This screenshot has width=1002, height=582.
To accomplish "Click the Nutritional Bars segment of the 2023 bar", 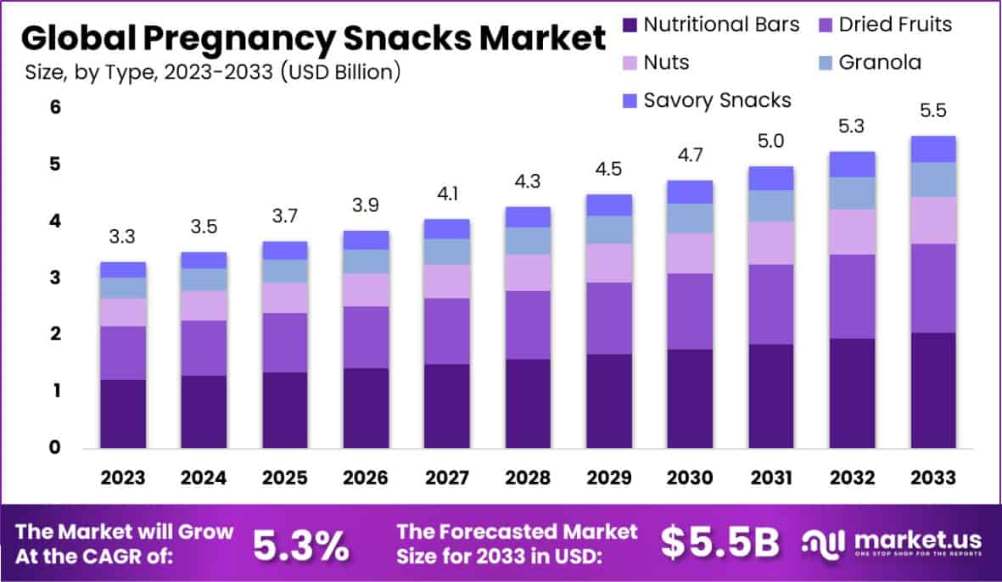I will coord(123,413).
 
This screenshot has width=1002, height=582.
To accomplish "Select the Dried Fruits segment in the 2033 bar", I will coord(932,288).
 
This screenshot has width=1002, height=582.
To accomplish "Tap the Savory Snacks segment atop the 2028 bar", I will coord(528,216).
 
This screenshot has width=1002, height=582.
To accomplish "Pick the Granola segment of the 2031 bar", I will coord(770,205).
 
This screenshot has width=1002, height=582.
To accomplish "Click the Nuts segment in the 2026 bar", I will coord(365,289).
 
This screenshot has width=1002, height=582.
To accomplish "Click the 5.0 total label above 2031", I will coord(770,142).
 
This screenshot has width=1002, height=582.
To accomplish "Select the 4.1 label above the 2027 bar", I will coord(446,194).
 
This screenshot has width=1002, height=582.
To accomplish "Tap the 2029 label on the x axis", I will coord(608,478).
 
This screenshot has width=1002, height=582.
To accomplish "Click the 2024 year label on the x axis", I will coord(204,478).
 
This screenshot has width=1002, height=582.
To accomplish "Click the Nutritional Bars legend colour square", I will coord(629,24).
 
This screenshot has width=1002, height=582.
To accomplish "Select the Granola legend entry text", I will coord(880,62).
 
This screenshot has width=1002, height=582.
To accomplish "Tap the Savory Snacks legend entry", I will coord(717,100).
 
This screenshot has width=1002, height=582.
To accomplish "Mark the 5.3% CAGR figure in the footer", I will coord(301,545).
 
